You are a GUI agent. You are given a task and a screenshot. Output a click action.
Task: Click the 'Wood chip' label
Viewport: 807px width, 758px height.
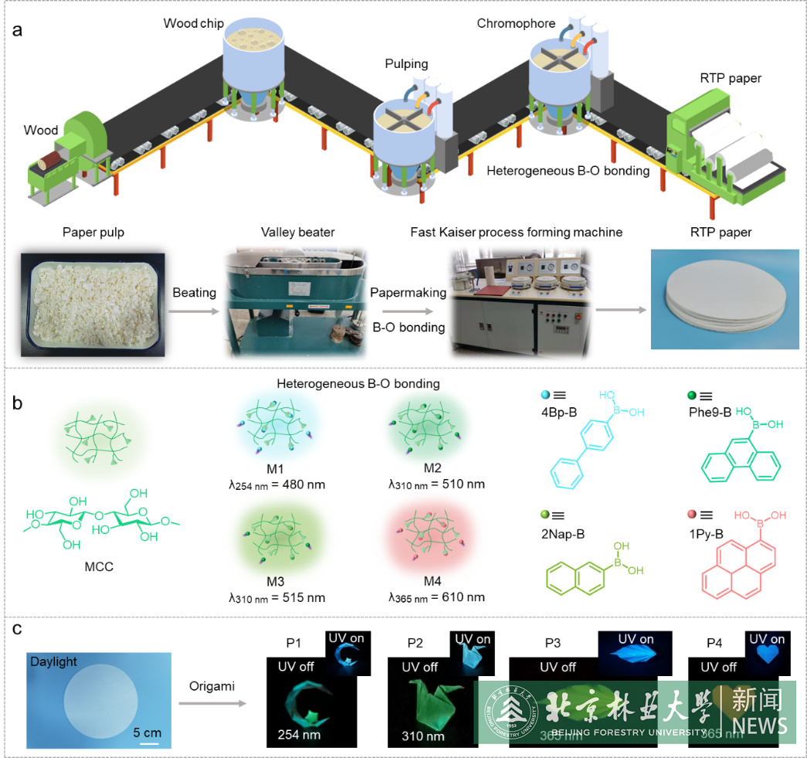193,24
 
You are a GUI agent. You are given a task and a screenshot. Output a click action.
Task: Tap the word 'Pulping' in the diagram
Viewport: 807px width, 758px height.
407,63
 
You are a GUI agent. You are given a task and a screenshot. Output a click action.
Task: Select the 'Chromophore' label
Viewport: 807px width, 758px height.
516,24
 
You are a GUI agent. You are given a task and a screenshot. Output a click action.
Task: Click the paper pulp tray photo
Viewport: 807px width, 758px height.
94,304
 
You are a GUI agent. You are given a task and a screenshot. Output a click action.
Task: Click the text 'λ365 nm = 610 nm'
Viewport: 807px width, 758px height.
437,597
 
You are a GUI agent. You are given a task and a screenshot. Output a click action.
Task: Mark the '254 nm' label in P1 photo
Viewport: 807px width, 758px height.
298,735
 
